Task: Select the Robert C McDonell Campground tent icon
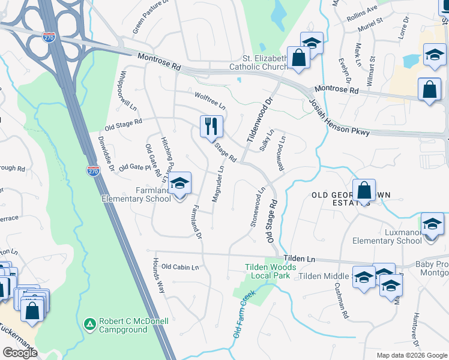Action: (x=89, y=324)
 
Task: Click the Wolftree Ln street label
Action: (x=209, y=100)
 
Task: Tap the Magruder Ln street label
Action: (x=218, y=184)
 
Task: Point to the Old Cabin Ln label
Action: (x=179, y=267)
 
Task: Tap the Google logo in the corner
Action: (x=20, y=353)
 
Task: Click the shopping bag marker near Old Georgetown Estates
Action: (x=364, y=191)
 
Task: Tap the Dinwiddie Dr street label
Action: (x=106, y=154)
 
